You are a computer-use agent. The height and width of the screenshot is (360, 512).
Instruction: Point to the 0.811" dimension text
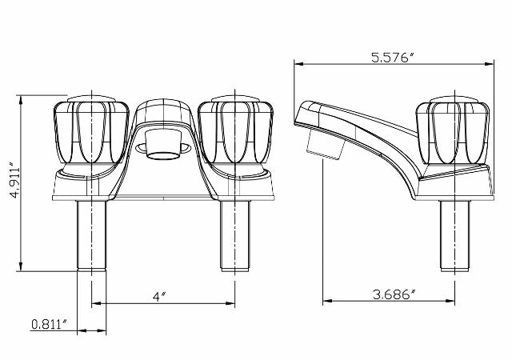[48, 324]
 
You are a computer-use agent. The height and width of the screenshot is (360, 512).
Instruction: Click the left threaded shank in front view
[91, 236]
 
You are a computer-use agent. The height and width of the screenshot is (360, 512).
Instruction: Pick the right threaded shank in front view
[235, 236]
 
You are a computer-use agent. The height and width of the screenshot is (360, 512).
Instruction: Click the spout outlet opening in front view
[164, 146]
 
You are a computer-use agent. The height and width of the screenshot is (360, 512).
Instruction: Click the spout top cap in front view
[164, 108]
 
